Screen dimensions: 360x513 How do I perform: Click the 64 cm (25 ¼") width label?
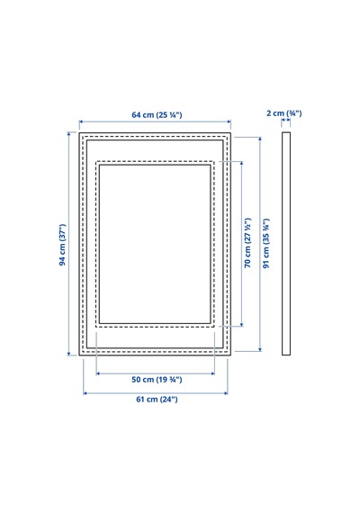[x=157, y=115]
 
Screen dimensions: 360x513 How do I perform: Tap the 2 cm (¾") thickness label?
[x=284, y=113]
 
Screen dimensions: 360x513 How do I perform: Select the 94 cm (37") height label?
[x=62, y=245]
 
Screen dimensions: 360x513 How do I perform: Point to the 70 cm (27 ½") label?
[x=247, y=242]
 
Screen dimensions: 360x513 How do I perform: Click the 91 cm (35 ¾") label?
[x=266, y=243]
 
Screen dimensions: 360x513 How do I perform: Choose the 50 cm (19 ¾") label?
[x=157, y=380]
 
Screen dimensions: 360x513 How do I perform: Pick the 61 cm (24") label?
[x=157, y=399]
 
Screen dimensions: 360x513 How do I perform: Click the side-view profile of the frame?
[x=286, y=244]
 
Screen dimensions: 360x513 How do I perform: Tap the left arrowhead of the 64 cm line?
[x=81, y=121]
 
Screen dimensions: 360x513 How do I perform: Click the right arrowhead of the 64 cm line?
[x=229, y=121]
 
